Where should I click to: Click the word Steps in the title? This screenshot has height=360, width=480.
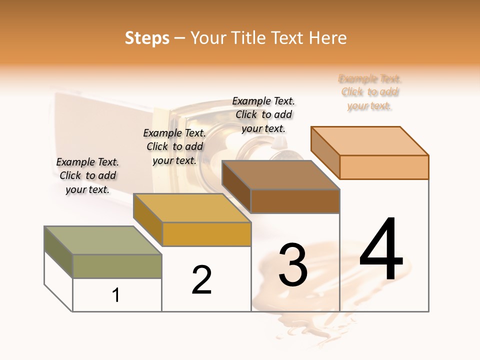(147, 38)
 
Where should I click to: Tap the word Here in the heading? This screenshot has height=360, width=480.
(327, 38)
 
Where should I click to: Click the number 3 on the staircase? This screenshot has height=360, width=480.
(292, 265)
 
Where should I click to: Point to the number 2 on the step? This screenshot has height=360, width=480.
(201, 280)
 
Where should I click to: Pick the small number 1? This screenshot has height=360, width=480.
(116, 295)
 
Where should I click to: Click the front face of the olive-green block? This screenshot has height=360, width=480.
(117, 266)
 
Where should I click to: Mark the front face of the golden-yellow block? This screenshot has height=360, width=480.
(206, 234)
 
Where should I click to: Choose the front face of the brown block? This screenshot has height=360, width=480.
(295, 201)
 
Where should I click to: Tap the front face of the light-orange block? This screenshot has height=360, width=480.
(384, 167)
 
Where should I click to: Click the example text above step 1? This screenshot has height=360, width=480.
(87, 175)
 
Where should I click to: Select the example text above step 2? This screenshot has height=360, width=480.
(174, 146)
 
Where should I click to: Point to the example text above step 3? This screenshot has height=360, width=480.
(263, 114)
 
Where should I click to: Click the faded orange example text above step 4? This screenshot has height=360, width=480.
(369, 92)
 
